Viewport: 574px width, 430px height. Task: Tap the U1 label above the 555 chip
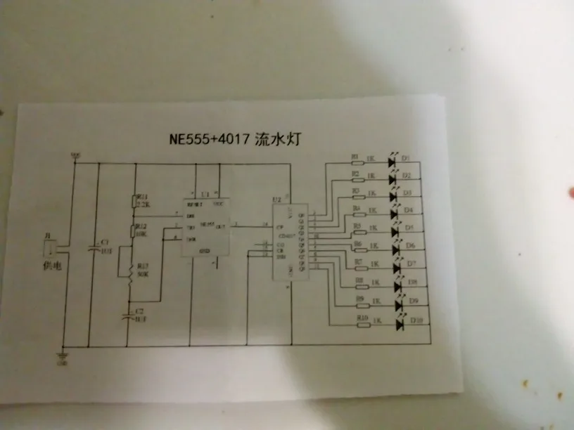pyautogui.click(x=206, y=193)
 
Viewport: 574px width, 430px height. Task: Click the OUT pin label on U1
pyautogui.click(x=221, y=226)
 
